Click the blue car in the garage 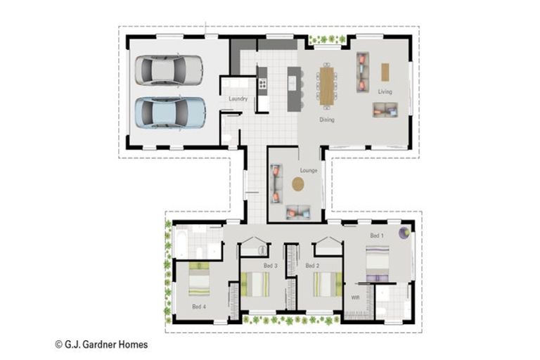coord(170,112)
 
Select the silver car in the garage coord(169,70)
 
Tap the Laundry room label coord(238,99)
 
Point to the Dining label coord(327,120)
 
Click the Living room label coord(385,91)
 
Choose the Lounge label coord(309,170)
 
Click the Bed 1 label coord(377,236)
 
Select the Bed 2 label coord(312,266)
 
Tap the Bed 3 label coord(270,266)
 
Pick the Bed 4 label coord(199,307)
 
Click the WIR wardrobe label coord(355,297)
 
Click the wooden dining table coord(326,86)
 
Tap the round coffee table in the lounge coord(298,184)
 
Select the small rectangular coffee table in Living coord(385,72)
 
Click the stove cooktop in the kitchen coord(262,84)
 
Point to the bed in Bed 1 coord(378,264)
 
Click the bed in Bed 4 coord(199,279)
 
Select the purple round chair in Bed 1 coord(405,233)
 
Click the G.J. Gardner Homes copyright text coord(101,345)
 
